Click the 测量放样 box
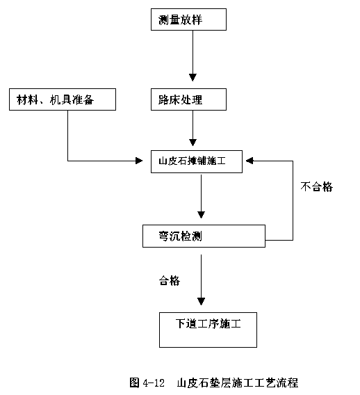point(188,19)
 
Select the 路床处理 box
point(188,99)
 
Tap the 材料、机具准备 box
point(63,99)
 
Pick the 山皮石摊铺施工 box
point(197,161)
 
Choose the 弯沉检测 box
point(204,236)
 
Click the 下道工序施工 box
point(208,330)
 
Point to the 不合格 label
point(316,187)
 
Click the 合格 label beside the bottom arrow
point(169,280)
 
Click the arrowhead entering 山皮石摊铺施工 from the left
point(139,161)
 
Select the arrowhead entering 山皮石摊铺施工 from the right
point(249,161)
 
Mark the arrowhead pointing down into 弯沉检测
point(201,215)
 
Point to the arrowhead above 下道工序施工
point(201,302)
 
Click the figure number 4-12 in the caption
point(154,383)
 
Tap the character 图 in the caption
point(134,382)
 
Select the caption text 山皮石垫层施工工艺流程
point(238,382)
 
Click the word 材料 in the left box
point(27,99)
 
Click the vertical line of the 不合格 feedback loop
point(293,200)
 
